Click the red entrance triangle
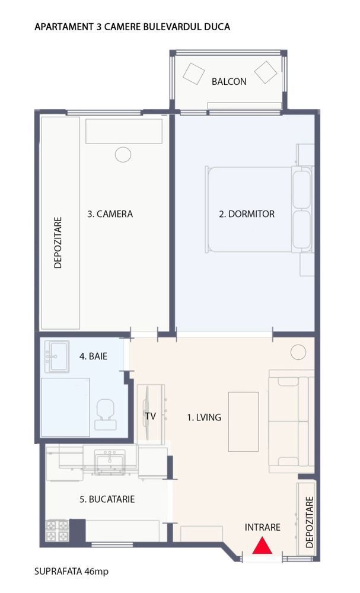262,546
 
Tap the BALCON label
229,82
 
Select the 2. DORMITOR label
247,214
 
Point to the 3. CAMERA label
110,214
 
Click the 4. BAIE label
93,356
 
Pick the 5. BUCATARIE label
107,499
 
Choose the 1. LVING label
204,417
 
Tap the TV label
150,416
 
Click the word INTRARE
262,527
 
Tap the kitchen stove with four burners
57,530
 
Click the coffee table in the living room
243,421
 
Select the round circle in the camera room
123,155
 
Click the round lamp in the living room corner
298,353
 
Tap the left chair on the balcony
193,74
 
